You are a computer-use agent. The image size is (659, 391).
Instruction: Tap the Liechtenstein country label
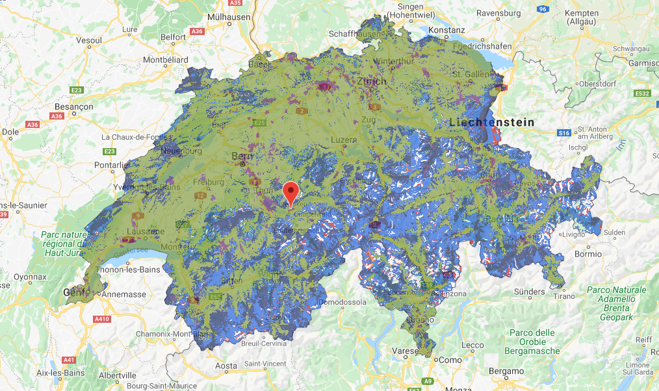[x=492, y=122]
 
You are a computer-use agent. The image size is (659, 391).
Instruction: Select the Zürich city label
[x=371, y=81]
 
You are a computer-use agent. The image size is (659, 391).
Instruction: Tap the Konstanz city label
[x=446, y=30]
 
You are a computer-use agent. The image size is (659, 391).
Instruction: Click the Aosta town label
[x=226, y=366]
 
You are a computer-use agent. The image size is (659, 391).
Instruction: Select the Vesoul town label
[x=89, y=40]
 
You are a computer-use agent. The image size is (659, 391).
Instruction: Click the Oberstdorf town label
[x=598, y=84]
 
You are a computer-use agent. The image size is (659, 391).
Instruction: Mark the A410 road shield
[x=101, y=319]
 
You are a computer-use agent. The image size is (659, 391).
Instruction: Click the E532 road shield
[x=642, y=94]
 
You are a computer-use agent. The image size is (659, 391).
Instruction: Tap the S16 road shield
[x=563, y=133]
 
